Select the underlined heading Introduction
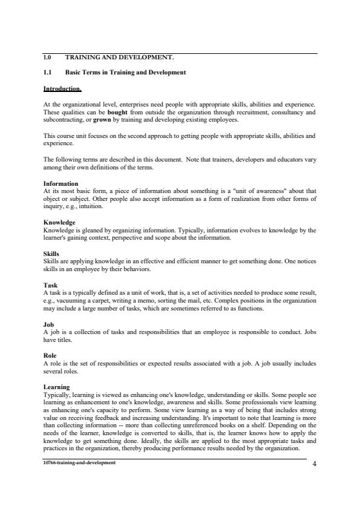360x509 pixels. (x=62, y=89)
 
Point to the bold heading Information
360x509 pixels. (x=61, y=183)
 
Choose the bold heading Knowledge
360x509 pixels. (x=59, y=223)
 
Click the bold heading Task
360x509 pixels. (x=50, y=284)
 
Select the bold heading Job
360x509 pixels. (x=49, y=324)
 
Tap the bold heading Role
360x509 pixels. (x=50, y=355)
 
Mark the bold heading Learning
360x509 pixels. (x=56, y=387)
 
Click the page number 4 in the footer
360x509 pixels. (x=315, y=464)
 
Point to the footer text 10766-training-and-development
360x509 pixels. (x=79, y=462)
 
